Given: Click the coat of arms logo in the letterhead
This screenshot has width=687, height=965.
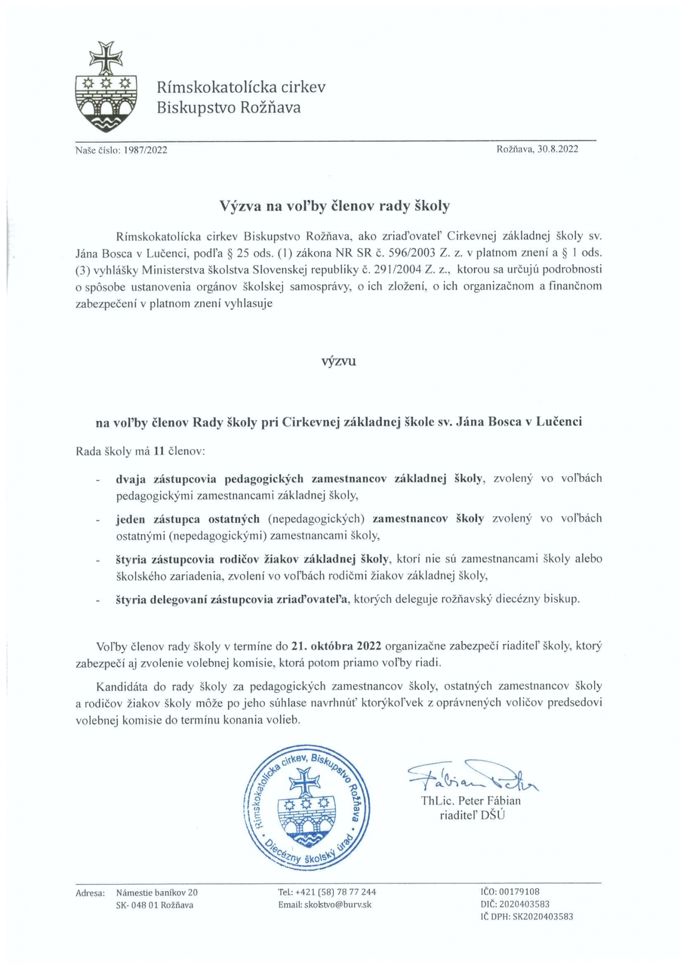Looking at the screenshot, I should [106, 87].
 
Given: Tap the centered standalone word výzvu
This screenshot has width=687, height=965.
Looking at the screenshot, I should [338, 361].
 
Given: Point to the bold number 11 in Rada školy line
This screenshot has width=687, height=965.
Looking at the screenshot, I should [159, 451].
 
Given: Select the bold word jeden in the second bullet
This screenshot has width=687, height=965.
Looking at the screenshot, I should [131, 519].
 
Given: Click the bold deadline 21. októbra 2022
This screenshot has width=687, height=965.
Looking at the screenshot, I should [336, 646].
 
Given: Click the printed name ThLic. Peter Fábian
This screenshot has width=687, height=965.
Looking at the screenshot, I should [471, 801].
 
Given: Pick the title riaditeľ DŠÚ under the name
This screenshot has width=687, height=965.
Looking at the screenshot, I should [472, 815].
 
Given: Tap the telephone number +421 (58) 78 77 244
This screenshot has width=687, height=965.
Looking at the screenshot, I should [336, 892].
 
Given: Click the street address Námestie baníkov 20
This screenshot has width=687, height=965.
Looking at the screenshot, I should [157, 893].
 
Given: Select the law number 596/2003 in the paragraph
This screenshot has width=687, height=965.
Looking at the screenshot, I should [410, 253].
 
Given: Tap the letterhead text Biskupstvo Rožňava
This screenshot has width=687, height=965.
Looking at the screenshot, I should [229, 108].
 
